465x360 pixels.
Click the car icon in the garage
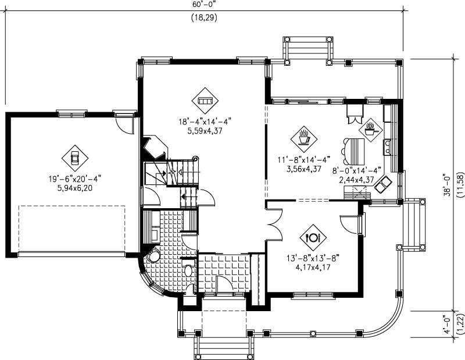[x=75, y=157]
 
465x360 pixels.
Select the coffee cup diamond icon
[x=303, y=138]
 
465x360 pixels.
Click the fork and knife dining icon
[x=313, y=237]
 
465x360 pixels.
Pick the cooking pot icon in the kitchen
[x=370, y=129]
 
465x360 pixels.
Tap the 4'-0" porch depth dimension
[x=446, y=323]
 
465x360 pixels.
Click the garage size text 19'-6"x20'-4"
[x=74, y=180]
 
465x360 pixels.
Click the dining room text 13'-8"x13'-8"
[x=313, y=259]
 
